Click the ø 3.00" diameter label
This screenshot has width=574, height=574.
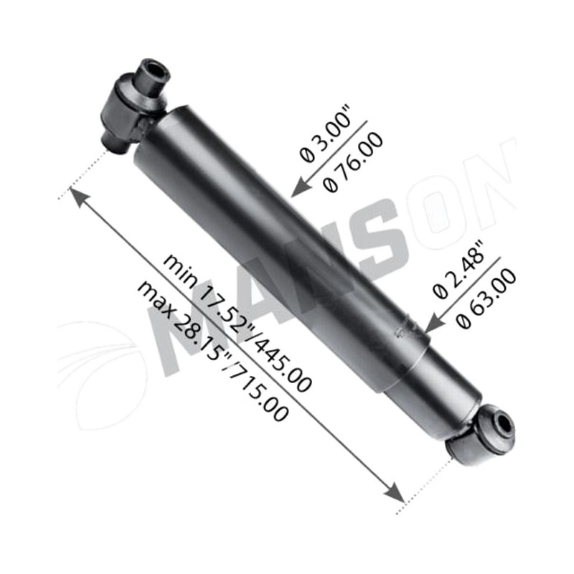(325, 134)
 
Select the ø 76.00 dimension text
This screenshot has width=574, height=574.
(352, 162)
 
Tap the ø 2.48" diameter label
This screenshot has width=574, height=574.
(458, 270)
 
